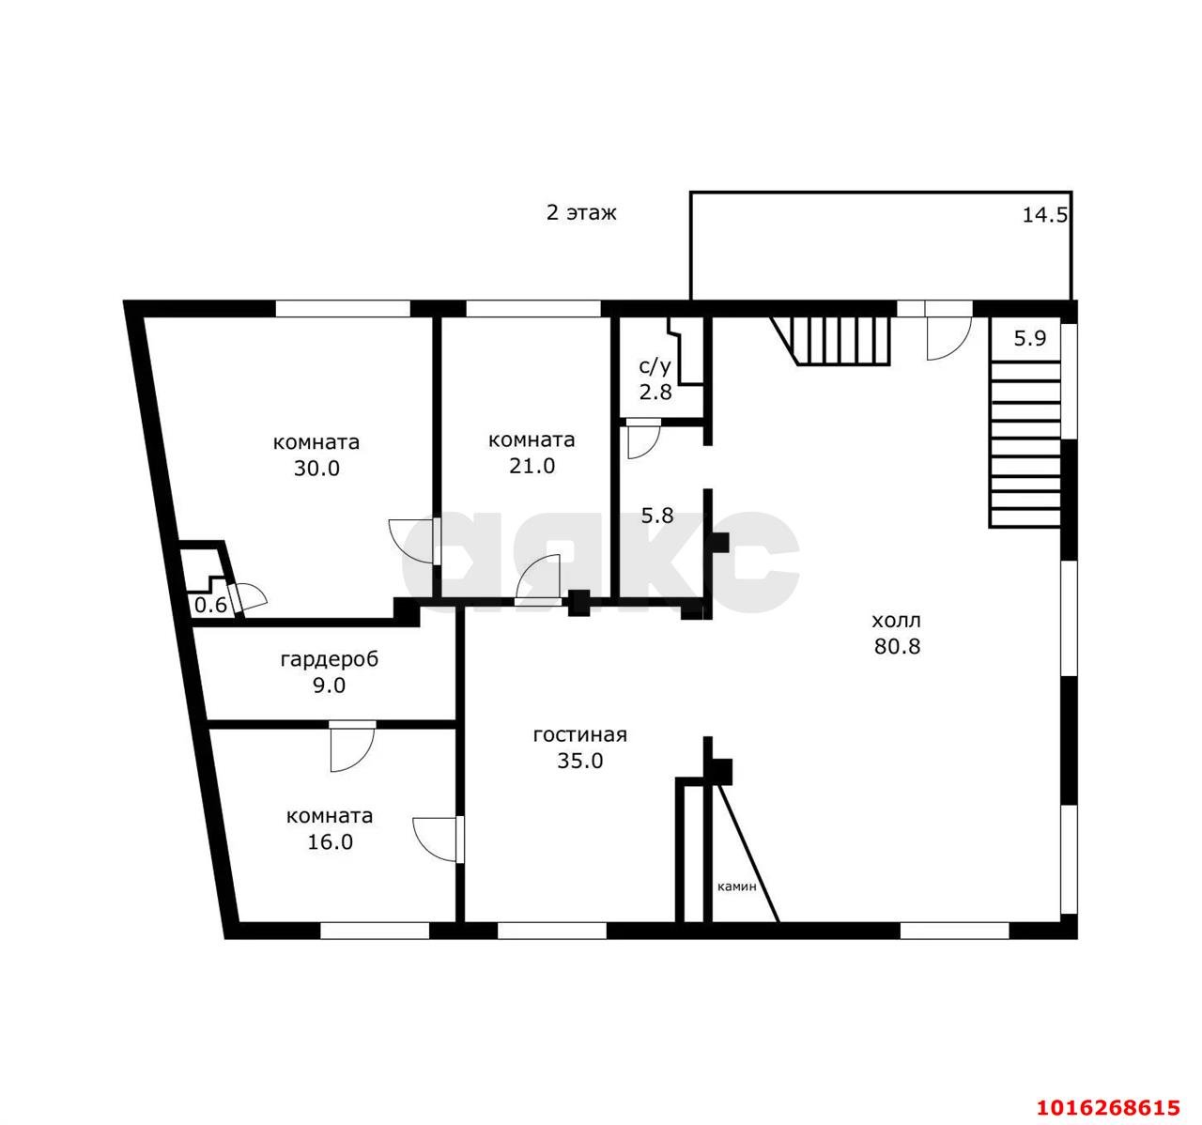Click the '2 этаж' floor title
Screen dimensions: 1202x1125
[x=581, y=213]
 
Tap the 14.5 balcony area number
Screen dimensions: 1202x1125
[x=1045, y=215]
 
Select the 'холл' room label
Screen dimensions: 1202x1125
[x=897, y=621]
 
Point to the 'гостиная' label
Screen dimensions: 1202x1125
[x=579, y=735]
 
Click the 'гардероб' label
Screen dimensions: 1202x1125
[x=330, y=659]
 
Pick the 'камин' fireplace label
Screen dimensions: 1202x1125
[x=736, y=887]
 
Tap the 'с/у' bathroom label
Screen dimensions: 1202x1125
[x=655, y=366]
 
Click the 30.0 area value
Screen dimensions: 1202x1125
[x=316, y=468]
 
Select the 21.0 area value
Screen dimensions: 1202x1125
[x=532, y=466]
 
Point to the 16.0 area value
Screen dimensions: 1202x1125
[x=330, y=842]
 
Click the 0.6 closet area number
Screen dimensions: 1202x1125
[x=210, y=605]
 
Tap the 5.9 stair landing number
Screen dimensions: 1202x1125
[x=1030, y=338]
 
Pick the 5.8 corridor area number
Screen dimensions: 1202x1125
[x=657, y=516]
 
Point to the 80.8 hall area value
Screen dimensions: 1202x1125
[x=897, y=647]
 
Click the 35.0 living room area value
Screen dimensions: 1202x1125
[x=579, y=761]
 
